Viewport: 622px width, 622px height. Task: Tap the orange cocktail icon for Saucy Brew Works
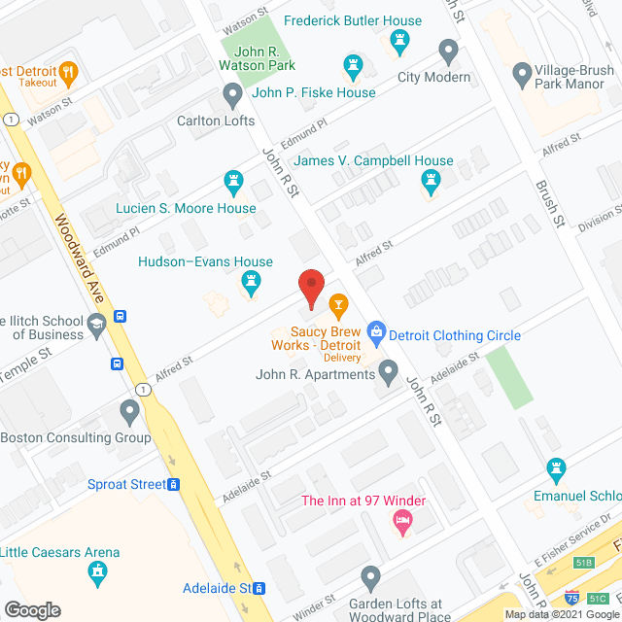(x=337, y=307)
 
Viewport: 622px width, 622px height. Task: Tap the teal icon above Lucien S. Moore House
(x=233, y=182)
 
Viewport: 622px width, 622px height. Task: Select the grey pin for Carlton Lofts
(x=232, y=95)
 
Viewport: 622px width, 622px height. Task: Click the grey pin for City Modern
(x=448, y=50)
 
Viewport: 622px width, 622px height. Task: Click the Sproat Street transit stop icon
(x=174, y=484)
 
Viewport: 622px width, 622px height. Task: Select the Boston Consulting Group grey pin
(x=129, y=412)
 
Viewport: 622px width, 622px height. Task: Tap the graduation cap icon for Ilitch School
(x=95, y=324)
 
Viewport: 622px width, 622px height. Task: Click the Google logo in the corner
(x=31, y=609)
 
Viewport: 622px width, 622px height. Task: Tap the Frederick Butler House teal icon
(x=397, y=42)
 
